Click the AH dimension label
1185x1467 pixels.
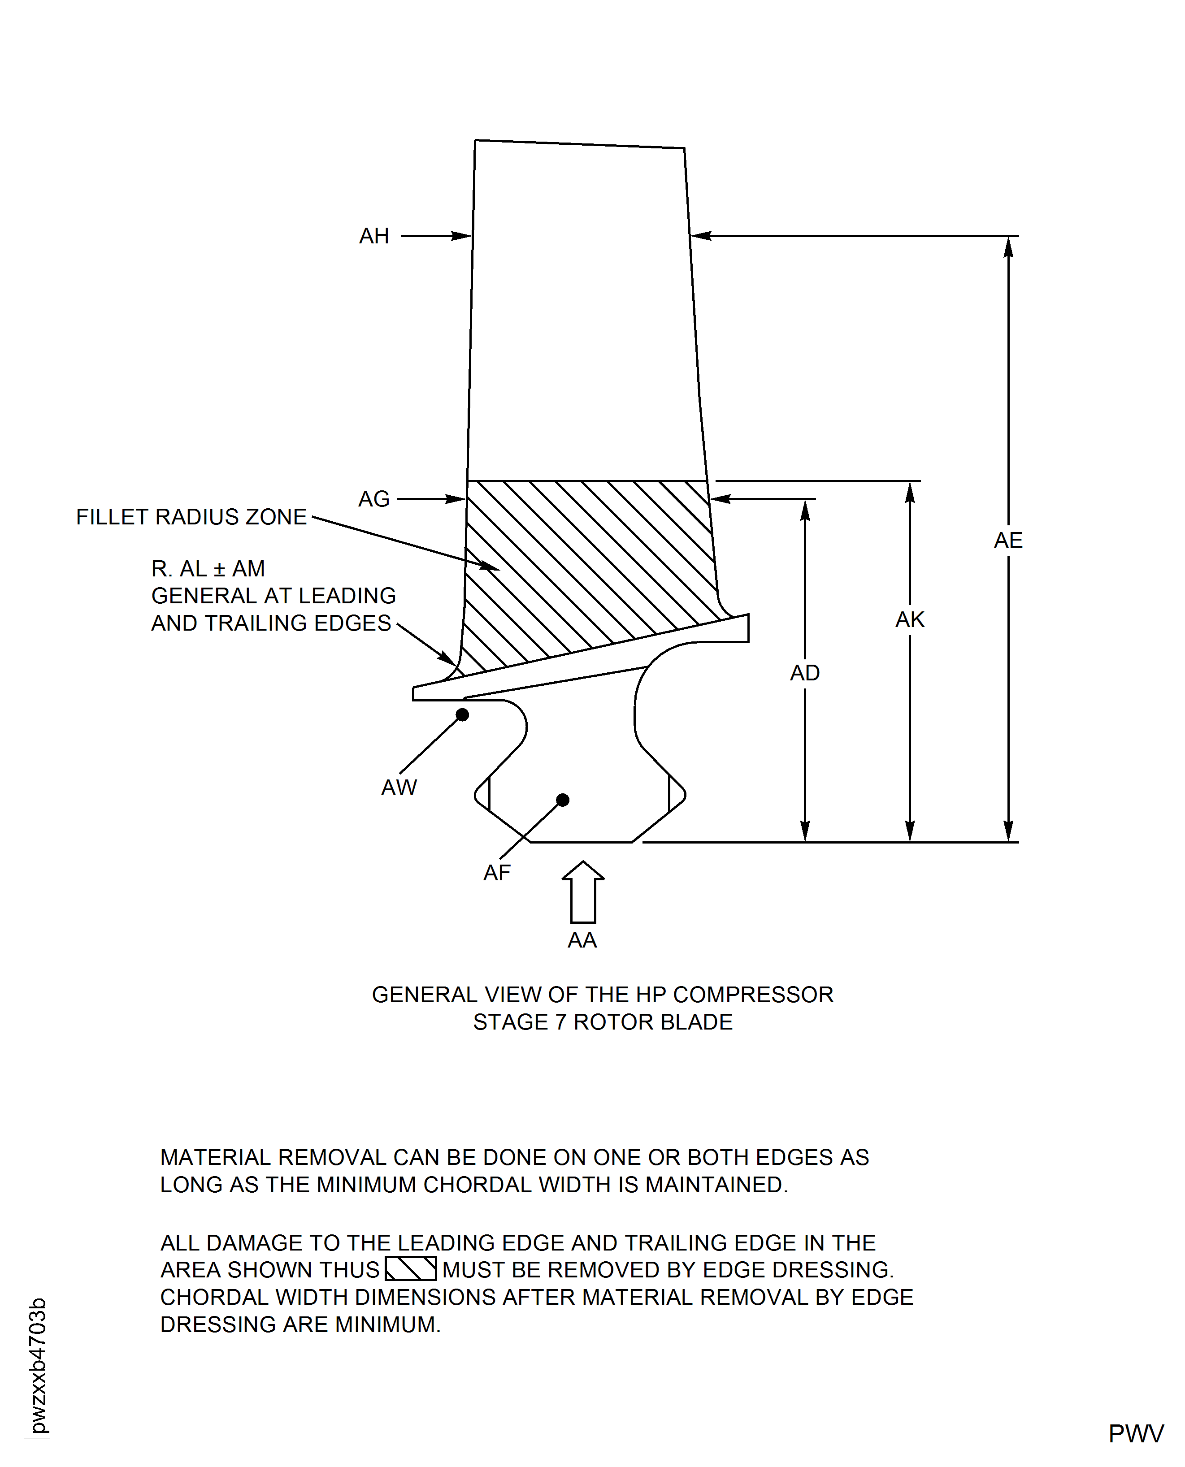(x=374, y=236)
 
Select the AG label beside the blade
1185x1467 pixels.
(x=374, y=499)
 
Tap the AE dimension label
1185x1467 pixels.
(x=1008, y=541)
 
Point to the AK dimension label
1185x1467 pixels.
(x=910, y=619)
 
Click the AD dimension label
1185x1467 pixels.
(x=805, y=673)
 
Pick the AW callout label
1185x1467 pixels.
(x=399, y=788)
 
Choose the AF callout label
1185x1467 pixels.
(x=497, y=873)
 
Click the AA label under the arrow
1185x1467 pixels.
(x=582, y=940)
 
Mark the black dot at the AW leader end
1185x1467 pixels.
(x=462, y=714)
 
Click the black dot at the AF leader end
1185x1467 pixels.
(x=563, y=800)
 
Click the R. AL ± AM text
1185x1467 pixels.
(x=208, y=568)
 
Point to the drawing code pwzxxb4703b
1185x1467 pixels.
(x=38, y=1365)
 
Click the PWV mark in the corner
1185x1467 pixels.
(x=1136, y=1433)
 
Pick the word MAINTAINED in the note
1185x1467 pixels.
(x=716, y=1185)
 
